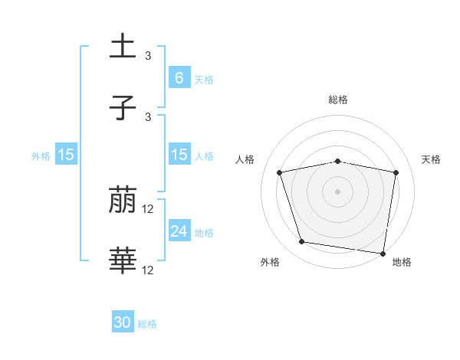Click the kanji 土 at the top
click(x=123, y=47)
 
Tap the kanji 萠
click(x=123, y=201)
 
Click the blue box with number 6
click(x=179, y=77)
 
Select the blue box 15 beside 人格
click(x=179, y=155)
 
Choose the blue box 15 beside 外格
click(x=66, y=155)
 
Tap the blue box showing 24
click(x=179, y=231)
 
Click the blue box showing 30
click(x=123, y=322)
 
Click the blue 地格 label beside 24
click(x=204, y=232)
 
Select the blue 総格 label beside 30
click(x=147, y=323)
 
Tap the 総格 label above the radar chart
click(x=337, y=100)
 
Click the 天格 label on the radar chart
click(x=431, y=159)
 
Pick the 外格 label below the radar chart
click(x=270, y=262)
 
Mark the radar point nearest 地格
click(x=383, y=253)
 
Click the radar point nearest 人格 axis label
click(x=280, y=172)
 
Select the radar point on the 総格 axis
click(x=337, y=161)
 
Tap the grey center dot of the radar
click(x=337, y=191)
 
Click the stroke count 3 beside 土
click(x=148, y=56)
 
